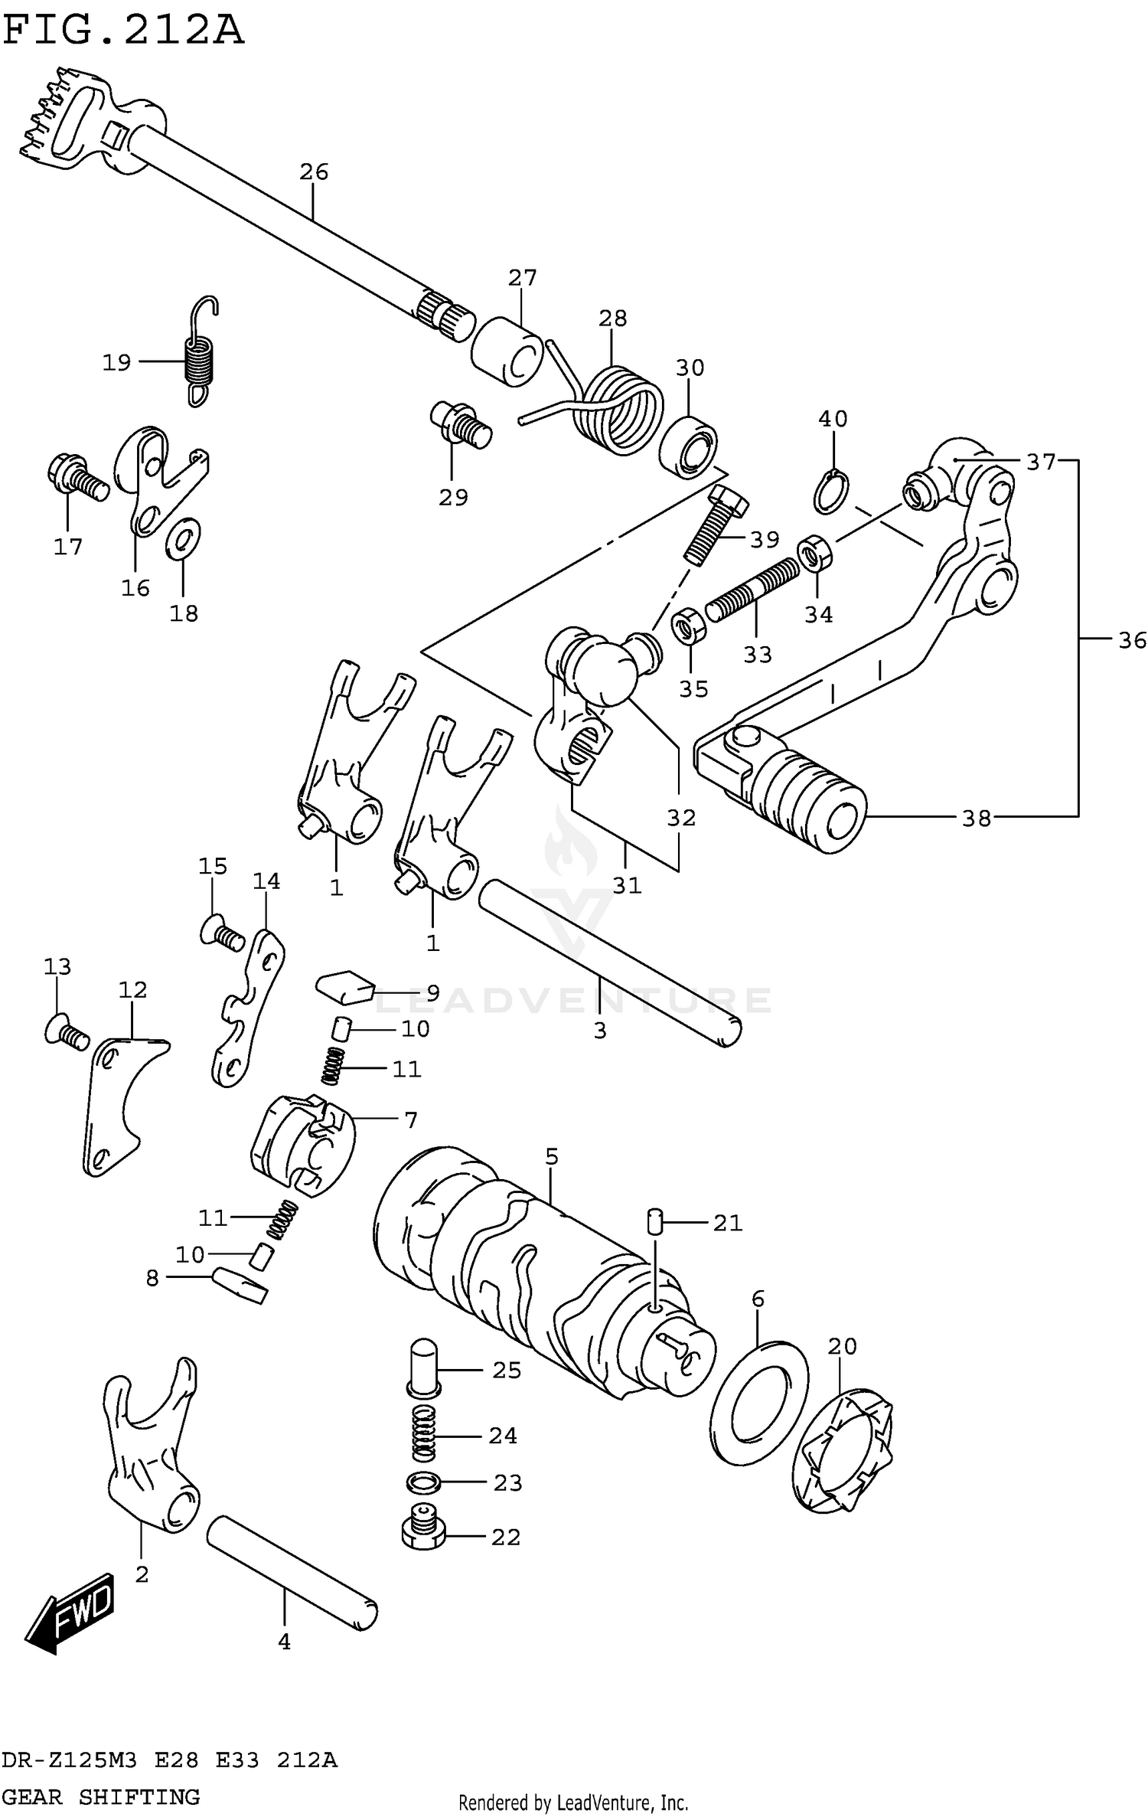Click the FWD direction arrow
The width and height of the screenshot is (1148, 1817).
73,1611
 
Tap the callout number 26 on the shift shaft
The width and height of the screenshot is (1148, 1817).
314,172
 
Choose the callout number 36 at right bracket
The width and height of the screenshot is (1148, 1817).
1131,640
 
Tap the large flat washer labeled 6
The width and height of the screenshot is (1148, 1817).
758,1402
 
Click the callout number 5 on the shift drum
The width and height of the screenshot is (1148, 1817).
552,1156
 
